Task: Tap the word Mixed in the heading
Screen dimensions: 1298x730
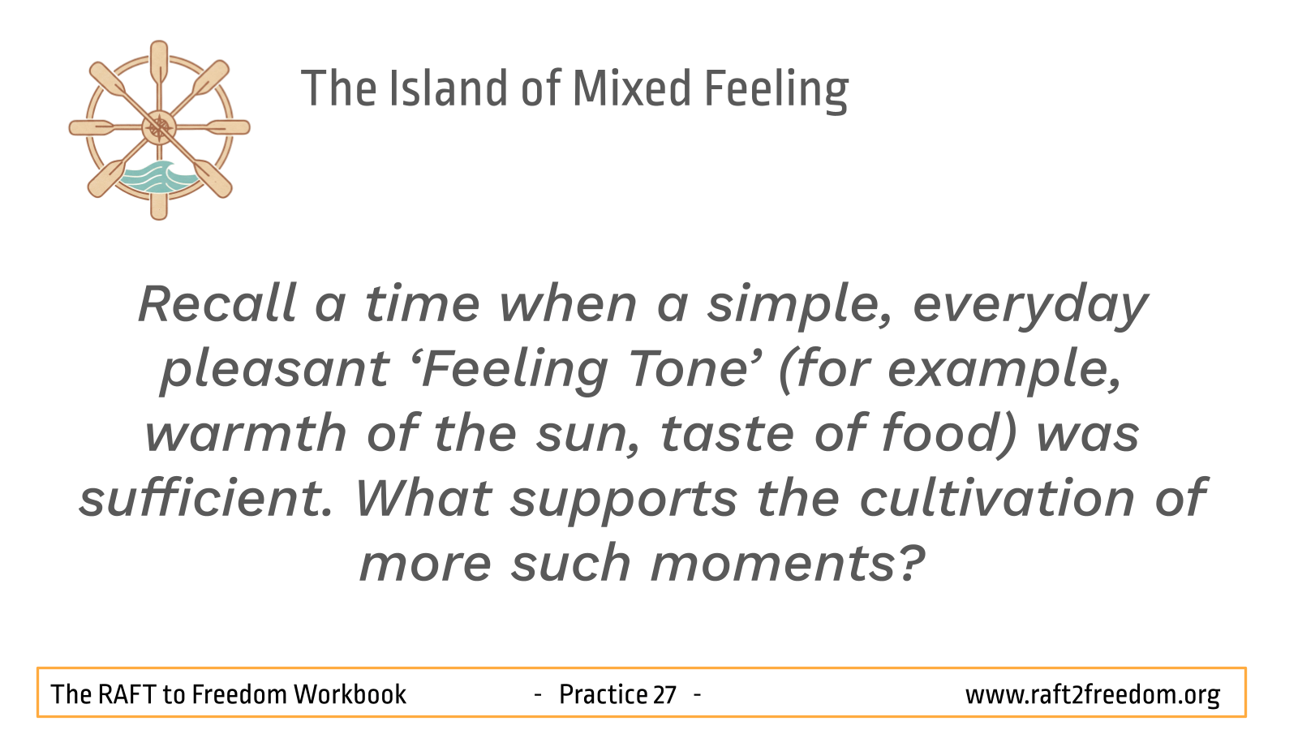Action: (x=632, y=88)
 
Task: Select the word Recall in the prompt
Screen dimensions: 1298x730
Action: (x=217, y=303)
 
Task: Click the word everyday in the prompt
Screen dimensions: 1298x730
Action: (x=1029, y=308)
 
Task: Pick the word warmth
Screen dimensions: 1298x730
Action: (x=246, y=433)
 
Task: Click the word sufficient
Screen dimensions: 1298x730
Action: (x=206, y=497)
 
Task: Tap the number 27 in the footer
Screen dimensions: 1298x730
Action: (x=664, y=694)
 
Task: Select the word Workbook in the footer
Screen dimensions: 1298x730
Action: (x=350, y=694)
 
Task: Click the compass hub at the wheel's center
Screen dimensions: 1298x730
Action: (x=159, y=127)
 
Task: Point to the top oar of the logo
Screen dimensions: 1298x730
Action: (x=159, y=64)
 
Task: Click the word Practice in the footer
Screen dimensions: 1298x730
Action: (x=603, y=694)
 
